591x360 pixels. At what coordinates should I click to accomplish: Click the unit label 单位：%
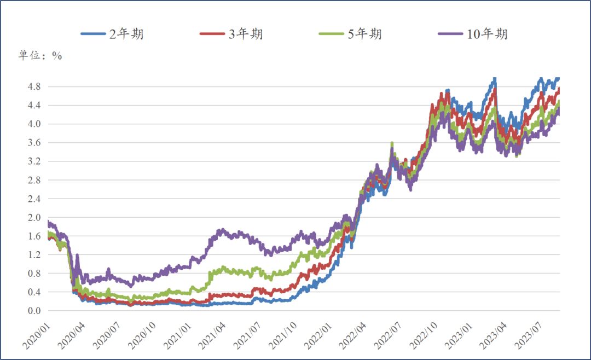coord(40,56)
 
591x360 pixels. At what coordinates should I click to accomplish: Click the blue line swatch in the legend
coord(92,34)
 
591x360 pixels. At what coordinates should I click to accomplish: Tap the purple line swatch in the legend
coord(451,34)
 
